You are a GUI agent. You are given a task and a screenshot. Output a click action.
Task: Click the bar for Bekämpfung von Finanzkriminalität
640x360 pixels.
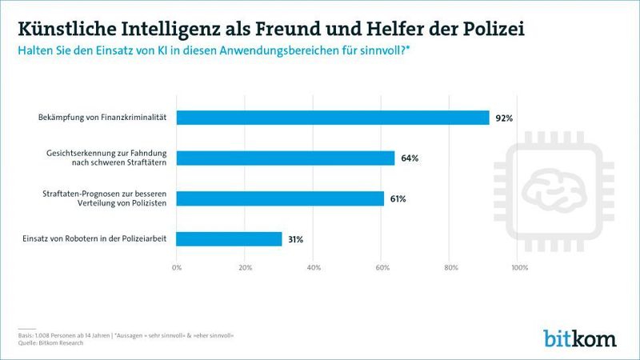tap(332, 118)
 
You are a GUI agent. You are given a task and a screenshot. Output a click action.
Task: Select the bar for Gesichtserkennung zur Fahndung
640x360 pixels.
tap(285, 158)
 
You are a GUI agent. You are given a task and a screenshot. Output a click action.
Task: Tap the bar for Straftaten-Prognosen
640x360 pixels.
tap(280, 198)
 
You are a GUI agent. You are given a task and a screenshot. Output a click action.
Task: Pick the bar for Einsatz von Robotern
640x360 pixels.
tap(229, 238)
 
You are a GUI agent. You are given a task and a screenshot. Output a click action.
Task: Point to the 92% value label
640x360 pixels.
tap(503, 118)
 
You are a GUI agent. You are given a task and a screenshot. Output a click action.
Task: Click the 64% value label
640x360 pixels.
tap(410, 158)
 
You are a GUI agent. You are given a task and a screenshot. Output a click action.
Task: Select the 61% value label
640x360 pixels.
tap(398, 198)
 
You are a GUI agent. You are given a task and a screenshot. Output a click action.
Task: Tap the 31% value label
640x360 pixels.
tap(295, 238)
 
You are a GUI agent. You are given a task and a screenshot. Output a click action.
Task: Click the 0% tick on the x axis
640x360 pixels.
tap(178, 267)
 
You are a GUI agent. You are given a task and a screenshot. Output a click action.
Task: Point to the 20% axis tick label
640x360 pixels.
tap(246, 267)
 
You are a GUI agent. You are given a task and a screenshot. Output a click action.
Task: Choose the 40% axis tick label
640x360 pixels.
tap(314, 267)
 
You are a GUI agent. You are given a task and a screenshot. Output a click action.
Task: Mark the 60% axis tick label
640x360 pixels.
tap(382, 267)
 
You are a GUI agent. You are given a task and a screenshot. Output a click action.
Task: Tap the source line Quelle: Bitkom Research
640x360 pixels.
tap(51, 342)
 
